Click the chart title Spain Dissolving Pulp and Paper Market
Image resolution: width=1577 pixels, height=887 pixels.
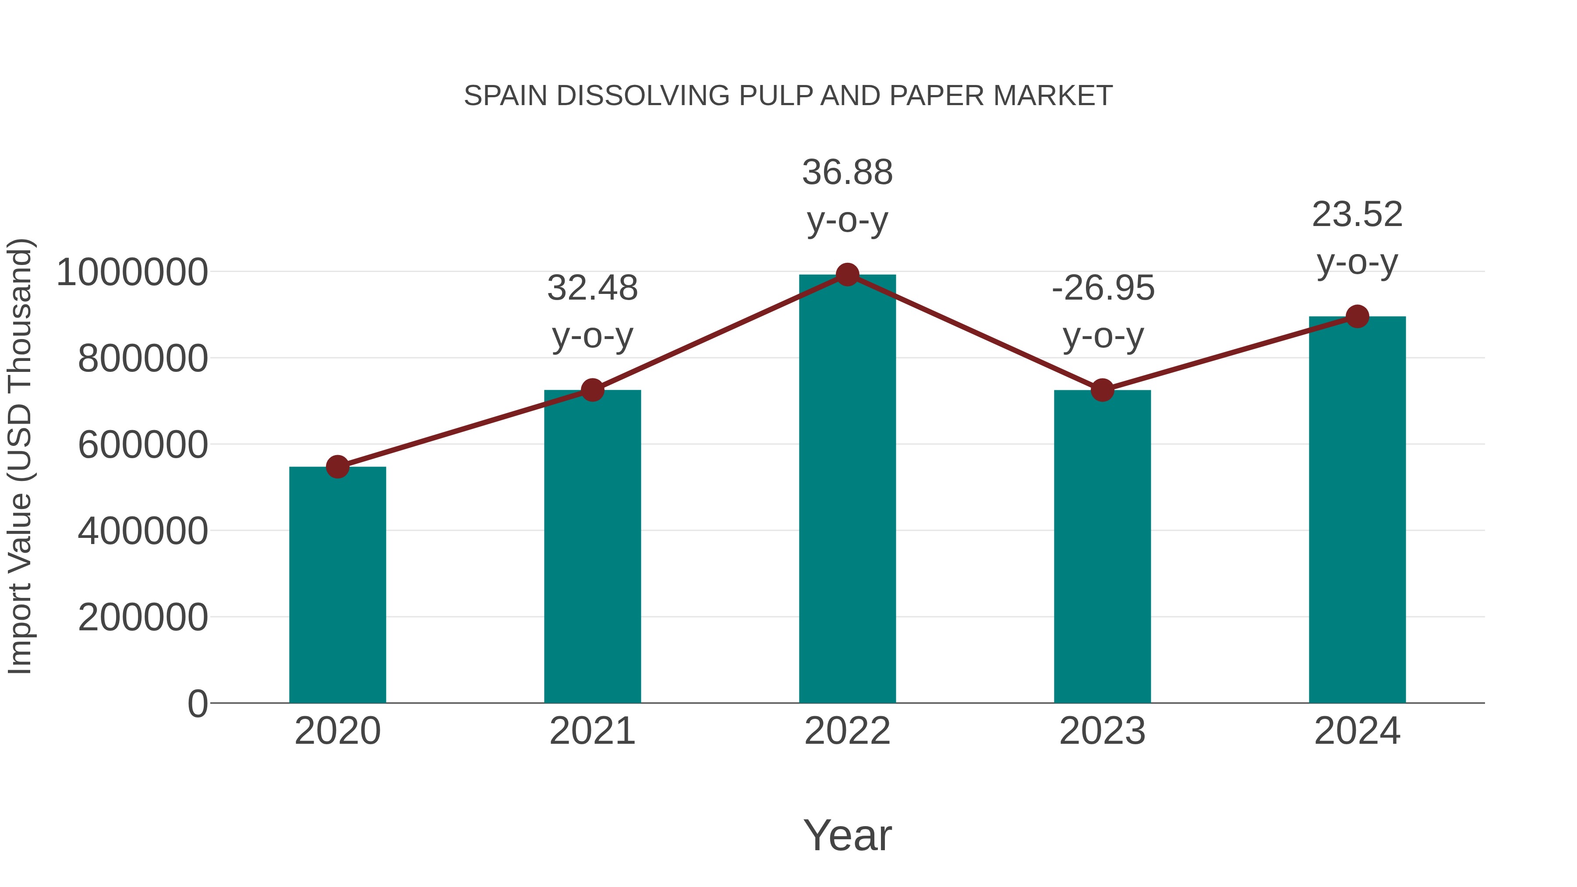pos(788,96)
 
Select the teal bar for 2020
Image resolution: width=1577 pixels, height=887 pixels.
pos(337,585)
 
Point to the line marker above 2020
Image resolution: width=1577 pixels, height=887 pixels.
pos(337,467)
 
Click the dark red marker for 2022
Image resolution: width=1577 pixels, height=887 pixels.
pos(847,275)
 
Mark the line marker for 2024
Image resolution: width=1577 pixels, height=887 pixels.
pos(1357,317)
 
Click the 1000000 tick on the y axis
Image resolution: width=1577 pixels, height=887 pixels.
pos(131,272)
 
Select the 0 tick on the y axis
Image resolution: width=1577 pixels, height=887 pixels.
pos(197,703)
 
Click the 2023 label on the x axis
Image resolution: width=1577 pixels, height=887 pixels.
pos(1102,731)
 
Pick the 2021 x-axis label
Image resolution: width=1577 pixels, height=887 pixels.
pos(592,731)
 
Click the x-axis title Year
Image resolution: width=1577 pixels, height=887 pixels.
pos(847,835)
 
